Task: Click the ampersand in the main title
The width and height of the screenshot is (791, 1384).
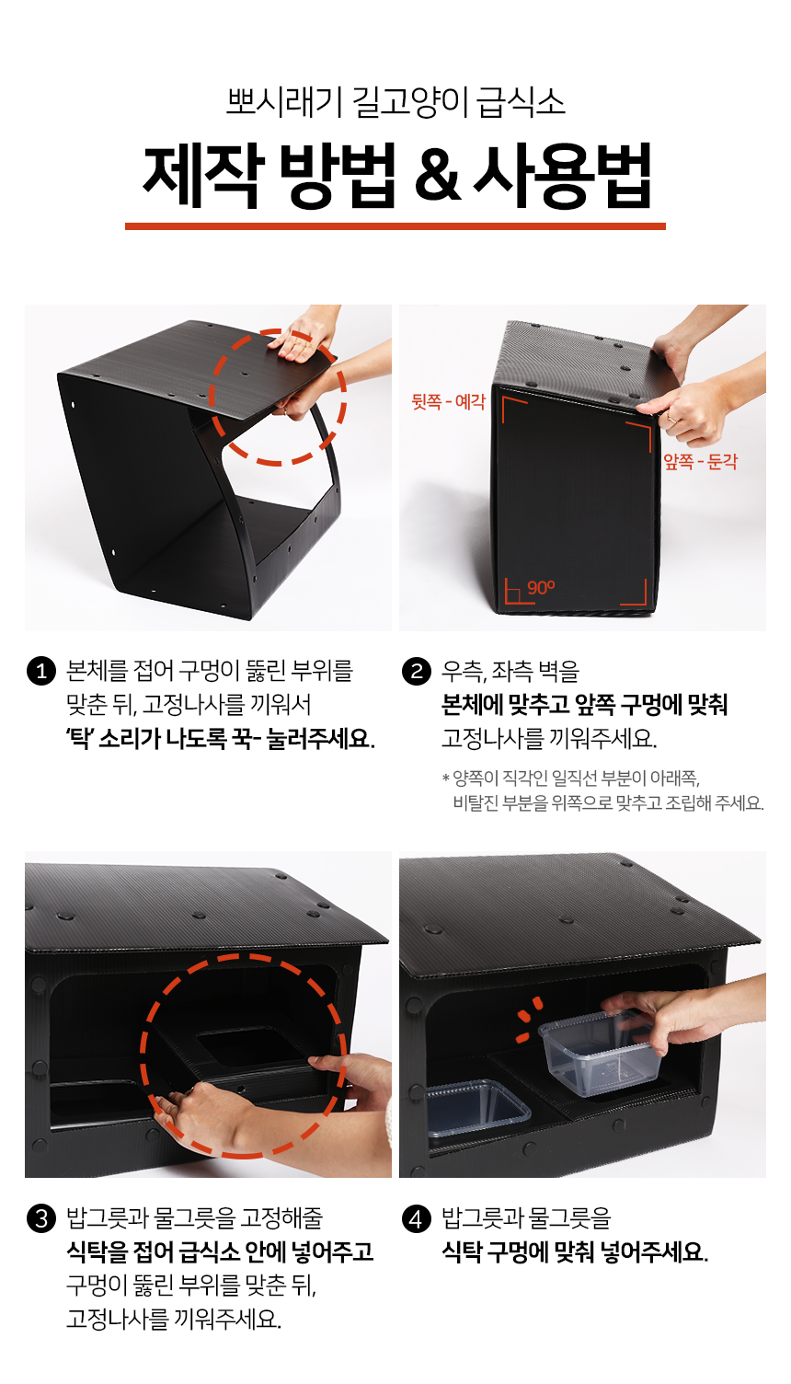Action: [x=438, y=175]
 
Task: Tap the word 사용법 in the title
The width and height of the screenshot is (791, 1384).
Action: [x=563, y=175]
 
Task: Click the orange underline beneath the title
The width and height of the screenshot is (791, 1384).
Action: [x=395, y=226]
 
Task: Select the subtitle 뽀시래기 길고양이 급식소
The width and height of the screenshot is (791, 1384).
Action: [x=395, y=102]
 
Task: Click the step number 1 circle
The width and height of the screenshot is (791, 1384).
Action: [x=41, y=671]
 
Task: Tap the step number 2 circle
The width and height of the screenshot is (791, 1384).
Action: [x=416, y=671]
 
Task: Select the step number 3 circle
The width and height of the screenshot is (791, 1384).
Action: [x=41, y=1219]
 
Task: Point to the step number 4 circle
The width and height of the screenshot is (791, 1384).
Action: [x=416, y=1219]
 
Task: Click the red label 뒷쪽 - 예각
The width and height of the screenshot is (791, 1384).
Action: [x=449, y=402]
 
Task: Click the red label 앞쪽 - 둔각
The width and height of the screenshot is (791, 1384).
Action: [x=700, y=461]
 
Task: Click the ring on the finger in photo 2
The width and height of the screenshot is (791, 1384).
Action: [x=671, y=419]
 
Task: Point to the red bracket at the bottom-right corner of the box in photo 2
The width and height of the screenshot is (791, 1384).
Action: [x=636, y=594]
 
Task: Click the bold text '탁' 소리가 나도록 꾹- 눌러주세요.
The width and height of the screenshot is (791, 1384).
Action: [x=220, y=738]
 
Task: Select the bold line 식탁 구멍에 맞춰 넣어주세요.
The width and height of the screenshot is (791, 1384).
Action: [x=575, y=1252]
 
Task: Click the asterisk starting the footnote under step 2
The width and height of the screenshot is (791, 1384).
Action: [x=446, y=778]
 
